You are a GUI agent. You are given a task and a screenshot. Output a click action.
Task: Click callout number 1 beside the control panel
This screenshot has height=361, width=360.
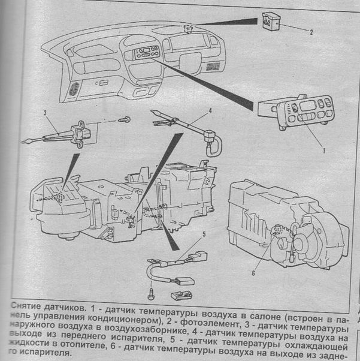point(323,152)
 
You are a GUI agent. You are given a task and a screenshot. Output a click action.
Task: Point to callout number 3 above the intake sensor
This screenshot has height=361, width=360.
point(45,113)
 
